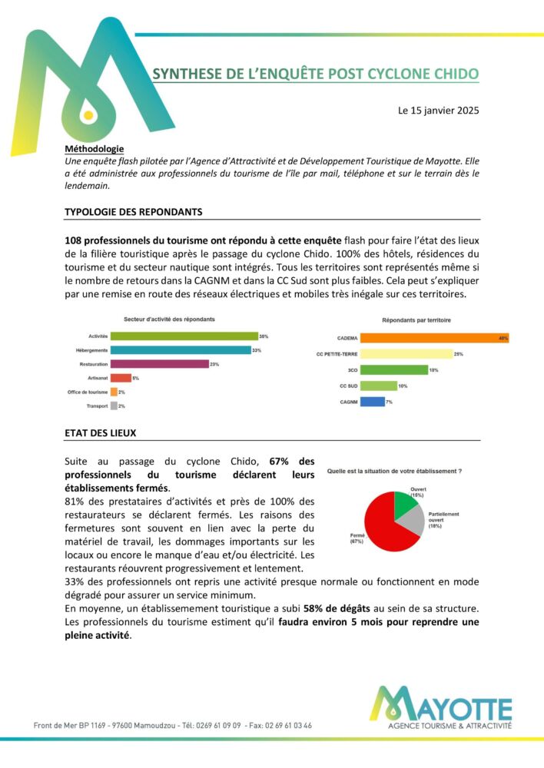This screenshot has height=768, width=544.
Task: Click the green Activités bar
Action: tap(184, 336)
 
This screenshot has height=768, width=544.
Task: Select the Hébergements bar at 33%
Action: tap(181, 350)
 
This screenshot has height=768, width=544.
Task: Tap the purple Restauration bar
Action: tap(160, 364)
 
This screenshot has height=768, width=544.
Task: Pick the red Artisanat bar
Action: tap(121, 378)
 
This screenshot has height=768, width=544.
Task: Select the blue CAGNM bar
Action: tap(372, 402)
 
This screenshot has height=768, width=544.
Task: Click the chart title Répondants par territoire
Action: tap(416, 319)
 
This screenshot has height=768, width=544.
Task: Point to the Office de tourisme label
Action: tap(88, 392)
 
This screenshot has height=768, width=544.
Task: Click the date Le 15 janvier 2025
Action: tap(438, 111)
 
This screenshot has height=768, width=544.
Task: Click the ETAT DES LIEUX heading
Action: tap(100, 433)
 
